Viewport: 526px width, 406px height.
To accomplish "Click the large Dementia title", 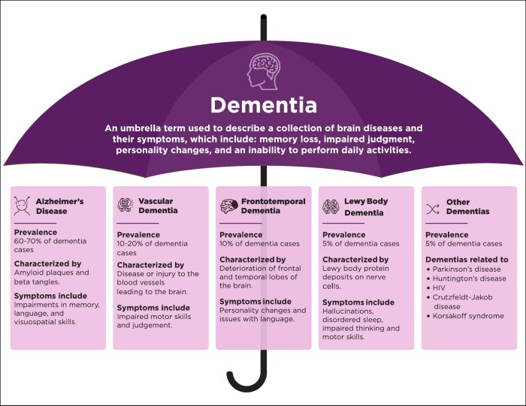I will click(x=262, y=104).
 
